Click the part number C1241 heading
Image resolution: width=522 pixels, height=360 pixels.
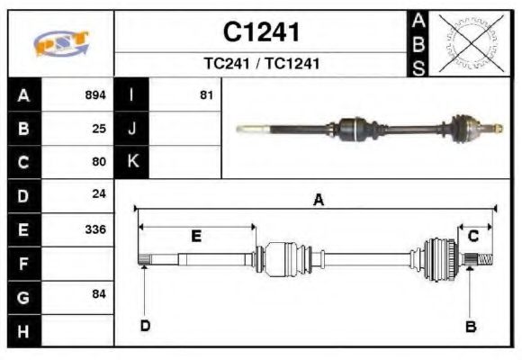[x=261, y=32]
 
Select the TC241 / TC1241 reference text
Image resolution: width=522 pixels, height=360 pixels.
[x=261, y=64]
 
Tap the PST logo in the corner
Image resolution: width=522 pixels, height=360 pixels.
[x=61, y=43]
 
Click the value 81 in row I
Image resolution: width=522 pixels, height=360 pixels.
[x=206, y=94]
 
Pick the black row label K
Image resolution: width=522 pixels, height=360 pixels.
[x=131, y=162]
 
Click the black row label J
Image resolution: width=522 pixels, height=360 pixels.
[x=131, y=128]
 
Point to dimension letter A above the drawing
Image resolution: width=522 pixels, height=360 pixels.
[x=318, y=201]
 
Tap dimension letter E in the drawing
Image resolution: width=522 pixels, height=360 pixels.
[x=195, y=236]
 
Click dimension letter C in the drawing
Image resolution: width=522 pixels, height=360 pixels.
[x=472, y=236]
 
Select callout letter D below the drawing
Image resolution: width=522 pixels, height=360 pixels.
[x=145, y=326]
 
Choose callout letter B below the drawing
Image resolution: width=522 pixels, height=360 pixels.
[x=470, y=327]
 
